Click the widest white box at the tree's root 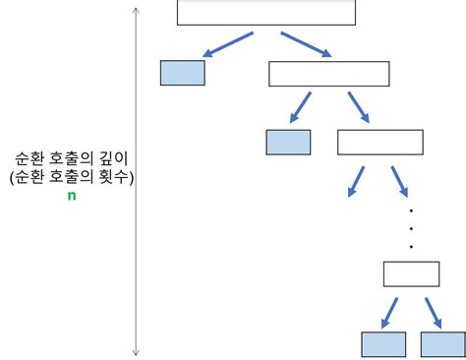pyautogui.click(x=265, y=12)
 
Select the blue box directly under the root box pyautogui.click(x=182, y=73)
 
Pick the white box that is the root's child pyautogui.click(x=328, y=74)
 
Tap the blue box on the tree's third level pyautogui.click(x=288, y=142)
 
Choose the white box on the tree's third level pyautogui.click(x=379, y=142)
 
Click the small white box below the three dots pyautogui.click(x=411, y=273)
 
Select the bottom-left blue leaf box pyautogui.click(x=383, y=344)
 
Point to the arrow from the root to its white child pyautogui.click(x=306, y=45)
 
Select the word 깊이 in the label pyautogui.click(x=111, y=157)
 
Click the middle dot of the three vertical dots pyautogui.click(x=411, y=228)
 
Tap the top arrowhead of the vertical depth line pyautogui.click(x=136, y=12)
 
